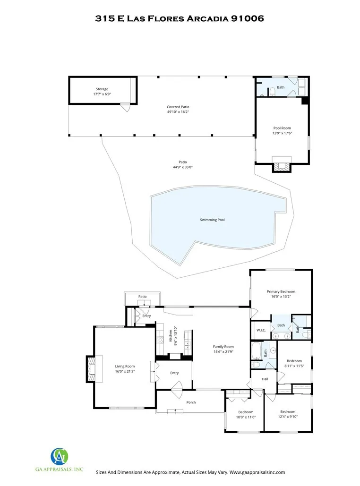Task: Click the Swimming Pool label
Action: point(212,220)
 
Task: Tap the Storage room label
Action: point(102,89)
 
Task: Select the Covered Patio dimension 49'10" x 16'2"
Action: point(178,112)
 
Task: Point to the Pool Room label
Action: point(282,128)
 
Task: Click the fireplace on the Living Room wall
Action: point(91,369)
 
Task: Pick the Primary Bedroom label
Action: point(281,291)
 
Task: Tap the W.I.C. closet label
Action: point(261,330)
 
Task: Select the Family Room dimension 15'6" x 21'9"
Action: point(223,352)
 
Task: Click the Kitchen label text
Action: point(171,336)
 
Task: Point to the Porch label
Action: point(191,402)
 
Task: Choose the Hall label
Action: point(265,379)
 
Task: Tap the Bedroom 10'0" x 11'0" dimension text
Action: point(246,417)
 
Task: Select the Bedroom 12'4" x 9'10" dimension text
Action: point(288,417)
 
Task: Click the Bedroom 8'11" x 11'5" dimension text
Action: point(294,366)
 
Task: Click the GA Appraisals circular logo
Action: point(59,456)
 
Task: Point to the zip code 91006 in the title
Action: point(247,18)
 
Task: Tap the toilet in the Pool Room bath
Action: point(272,92)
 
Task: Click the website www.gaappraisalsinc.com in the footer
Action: point(257,472)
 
